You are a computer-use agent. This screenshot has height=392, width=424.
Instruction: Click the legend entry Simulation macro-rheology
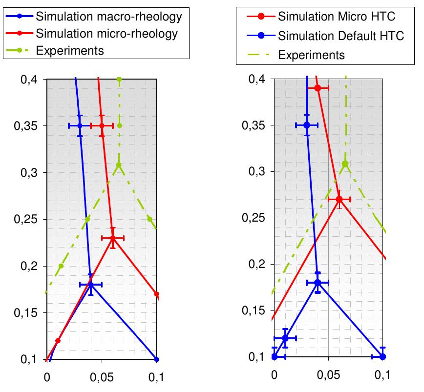pyautogui.click(x=108, y=17)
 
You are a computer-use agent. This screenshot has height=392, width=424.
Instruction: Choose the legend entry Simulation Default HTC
pyautogui.click(x=341, y=36)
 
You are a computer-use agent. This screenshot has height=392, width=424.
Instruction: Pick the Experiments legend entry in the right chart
pyautogui.click(x=311, y=54)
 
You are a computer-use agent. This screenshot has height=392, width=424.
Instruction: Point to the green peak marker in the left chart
pyautogui.click(x=119, y=165)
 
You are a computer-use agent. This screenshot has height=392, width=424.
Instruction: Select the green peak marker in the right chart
pyautogui.click(x=345, y=164)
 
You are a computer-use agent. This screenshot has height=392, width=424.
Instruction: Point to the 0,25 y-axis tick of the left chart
pyautogui.click(x=31, y=220)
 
